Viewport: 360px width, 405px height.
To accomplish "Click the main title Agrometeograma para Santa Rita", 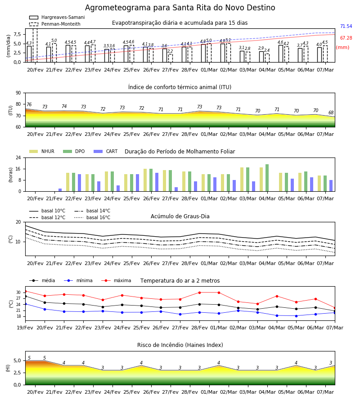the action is (x=180, y=8).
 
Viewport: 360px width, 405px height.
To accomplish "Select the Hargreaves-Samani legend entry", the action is (x=57, y=17).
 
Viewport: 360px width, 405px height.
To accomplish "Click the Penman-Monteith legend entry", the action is (x=55, y=24).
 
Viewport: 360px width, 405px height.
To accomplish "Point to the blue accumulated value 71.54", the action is (x=346, y=27).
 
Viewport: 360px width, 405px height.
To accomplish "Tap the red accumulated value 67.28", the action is (x=346, y=38).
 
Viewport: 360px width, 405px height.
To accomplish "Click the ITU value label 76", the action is (x=29, y=104).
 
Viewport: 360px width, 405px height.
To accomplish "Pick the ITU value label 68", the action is (x=331, y=112).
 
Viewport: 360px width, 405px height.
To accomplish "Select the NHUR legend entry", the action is (x=41, y=151).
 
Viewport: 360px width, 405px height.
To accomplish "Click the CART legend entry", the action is (x=105, y=151).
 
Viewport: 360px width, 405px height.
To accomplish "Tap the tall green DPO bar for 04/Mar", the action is (x=267, y=178).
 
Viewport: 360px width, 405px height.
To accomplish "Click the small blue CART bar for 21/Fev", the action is (x=60, y=190).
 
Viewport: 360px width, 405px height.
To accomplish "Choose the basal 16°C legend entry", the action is (x=92, y=217).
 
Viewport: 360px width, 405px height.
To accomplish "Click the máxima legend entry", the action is (x=116, y=280).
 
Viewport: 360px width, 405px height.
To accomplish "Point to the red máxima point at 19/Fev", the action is (x=25, y=291).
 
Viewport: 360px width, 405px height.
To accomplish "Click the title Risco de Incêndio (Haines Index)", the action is (x=180, y=345).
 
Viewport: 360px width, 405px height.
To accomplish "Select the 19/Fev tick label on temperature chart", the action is (x=25, y=328).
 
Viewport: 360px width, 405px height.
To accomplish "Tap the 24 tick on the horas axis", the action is (x=18, y=157).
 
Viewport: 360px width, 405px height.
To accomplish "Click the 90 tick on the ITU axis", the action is (x=18, y=93).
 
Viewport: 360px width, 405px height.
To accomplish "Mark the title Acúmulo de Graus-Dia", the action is (x=180, y=216).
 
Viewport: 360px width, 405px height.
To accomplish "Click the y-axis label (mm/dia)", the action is (x=9, y=45).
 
